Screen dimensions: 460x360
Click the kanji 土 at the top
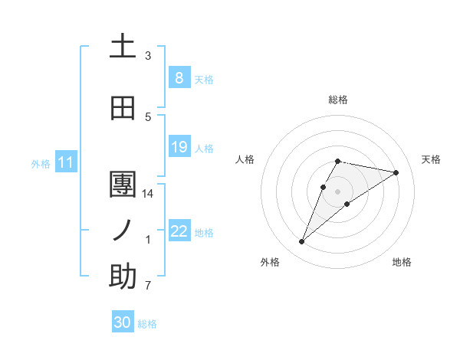click(123, 47)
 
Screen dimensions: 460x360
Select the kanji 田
click(123, 109)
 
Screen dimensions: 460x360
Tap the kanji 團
click(123, 185)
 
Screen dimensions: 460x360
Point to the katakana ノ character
click(123, 231)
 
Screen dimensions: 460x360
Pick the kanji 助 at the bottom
click(123, 277)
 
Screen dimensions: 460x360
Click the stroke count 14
click(149, 194)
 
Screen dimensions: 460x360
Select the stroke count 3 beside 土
click(148, 56)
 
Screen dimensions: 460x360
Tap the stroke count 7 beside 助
click(148, 286)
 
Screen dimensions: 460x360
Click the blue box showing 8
click(179, 77)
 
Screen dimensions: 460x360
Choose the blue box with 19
click(179, 147)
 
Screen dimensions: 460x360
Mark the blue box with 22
click(179, 231)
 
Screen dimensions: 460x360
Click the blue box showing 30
click(123, 323)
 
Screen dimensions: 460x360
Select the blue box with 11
click(66, 162)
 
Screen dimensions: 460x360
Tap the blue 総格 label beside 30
click(147, 324)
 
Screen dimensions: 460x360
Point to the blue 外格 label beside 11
click(41, 163)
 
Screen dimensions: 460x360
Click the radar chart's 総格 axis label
click(338, 100)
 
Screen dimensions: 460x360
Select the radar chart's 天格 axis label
click(431, 159)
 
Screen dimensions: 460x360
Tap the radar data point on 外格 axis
click(302, 242)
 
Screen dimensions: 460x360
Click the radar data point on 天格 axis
click(396, 172)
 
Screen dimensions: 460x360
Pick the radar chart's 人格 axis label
click(245, 159)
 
